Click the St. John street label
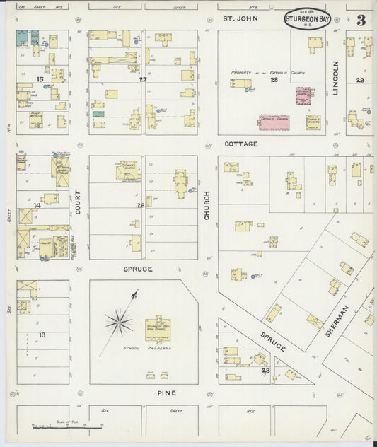pyautogui.click(x=238, y=18)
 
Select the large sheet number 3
pyautogui.click(x=361, y=20)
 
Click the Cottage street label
pyautogui.click(x=241, y=144)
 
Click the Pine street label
pyautogui.click(x=166, y=393)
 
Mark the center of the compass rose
pyautogui.click(x=118, y=324)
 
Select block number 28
pyautogui.click(x=274, y=80)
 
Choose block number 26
pyautogui.click(x=141, y=206)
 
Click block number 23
pyautogui.click(x=265, y=370)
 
